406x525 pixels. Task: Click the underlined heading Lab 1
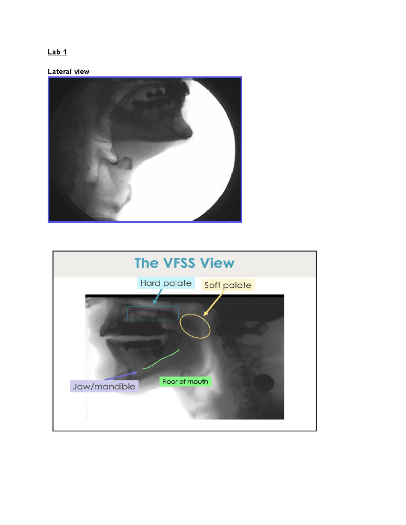point(57,52)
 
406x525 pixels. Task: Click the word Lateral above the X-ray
point(60,72)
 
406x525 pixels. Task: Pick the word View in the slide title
point(217,263)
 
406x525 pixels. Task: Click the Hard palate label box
point(166,283)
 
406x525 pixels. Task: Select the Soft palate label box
point(228,285)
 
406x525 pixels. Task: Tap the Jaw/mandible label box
point(104,386)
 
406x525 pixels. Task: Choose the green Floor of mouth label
point(185,382)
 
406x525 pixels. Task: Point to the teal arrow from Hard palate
point(157,296)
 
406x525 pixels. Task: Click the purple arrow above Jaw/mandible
point(121,376)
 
